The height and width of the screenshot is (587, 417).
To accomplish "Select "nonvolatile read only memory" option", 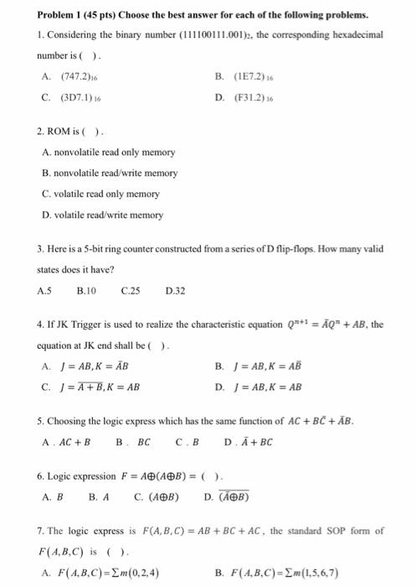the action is (108, 152).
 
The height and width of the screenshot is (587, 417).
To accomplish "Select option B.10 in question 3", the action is (87, 292).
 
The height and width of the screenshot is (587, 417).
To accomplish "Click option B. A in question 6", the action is (100, 496).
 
